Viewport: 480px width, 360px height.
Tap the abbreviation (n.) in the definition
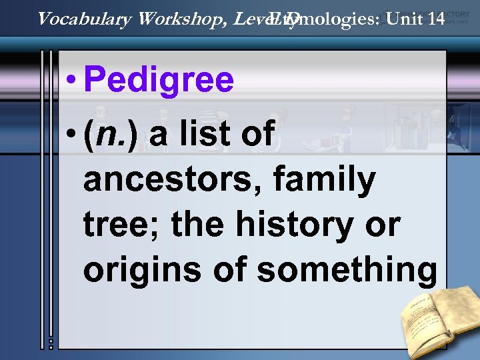(109, 135)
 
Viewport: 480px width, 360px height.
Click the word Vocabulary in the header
(84, 19)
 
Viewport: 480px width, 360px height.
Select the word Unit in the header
(403, 19)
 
